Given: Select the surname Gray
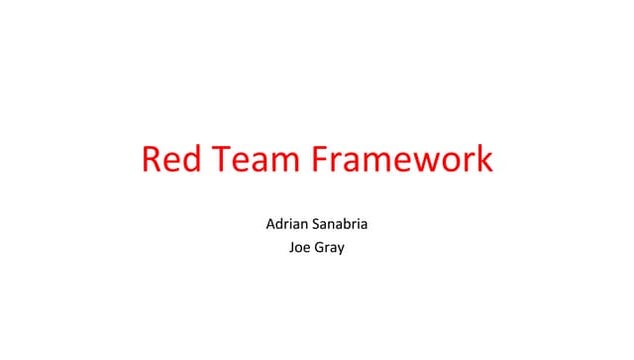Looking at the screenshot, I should pyautogui.click(x=330, y=247).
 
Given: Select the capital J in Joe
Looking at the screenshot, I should pyautogui.click(x=290, y=246).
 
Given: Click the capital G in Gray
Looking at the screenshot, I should pyautogui.click(x=319, y=246).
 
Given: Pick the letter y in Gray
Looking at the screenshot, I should pyautogui.click(x=340, y=249).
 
